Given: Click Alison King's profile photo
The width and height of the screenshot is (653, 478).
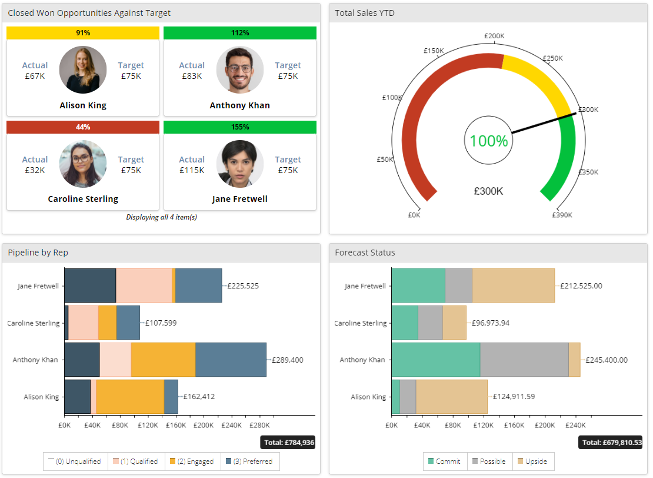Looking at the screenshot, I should point(83,69).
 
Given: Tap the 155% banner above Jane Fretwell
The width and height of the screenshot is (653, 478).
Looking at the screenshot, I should point(240,127).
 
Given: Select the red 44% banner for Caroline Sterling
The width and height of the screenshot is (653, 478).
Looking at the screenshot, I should point(83,127).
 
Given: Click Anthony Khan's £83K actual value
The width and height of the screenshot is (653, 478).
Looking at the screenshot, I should point(192,76).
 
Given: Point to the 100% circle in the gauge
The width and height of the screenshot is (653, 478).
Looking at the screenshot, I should point(488,141).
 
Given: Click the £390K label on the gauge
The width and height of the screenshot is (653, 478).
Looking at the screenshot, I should point(562,215).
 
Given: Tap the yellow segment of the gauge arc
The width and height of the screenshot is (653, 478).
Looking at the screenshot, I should point(538,79).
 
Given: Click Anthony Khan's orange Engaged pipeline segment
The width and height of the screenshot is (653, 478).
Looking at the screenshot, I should point(163,360).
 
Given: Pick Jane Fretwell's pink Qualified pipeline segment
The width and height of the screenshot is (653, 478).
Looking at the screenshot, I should point(144,286).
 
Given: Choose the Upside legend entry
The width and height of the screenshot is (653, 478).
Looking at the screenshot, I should point(534,462).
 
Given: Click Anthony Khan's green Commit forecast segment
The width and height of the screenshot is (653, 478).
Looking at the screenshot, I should point(435,360).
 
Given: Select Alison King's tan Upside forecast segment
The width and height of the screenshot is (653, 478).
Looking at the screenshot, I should point(451,397).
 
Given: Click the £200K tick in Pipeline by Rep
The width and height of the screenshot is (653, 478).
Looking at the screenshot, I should point(204,424).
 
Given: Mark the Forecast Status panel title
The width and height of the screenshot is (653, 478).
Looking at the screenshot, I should point(365,253).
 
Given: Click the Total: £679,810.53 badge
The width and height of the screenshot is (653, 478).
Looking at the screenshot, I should point(612,443).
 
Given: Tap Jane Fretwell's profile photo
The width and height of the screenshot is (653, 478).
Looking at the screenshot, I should point(240,164).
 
